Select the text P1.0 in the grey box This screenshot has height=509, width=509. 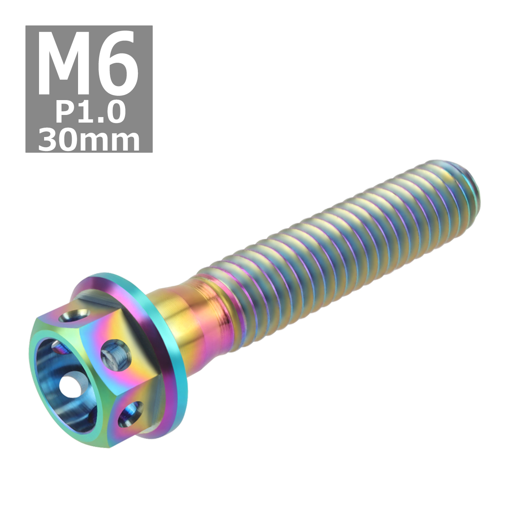pyautogui.click(x=90, y=112)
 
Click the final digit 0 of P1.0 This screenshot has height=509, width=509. pyautogui.click(x=113, y=112)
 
